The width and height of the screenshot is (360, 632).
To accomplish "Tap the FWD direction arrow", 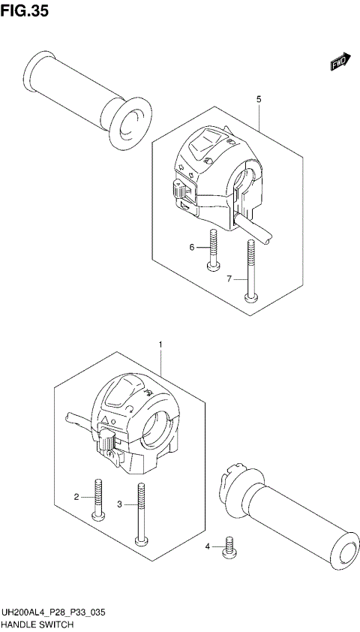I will coord(339,62).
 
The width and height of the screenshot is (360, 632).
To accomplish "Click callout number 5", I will coord(259,99).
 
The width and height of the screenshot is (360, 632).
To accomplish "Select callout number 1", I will coord(160,345).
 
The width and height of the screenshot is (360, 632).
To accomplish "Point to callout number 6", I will coord(192,247).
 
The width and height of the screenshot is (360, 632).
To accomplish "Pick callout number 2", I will coord(76,497).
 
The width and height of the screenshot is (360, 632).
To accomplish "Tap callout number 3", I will coord(120,504).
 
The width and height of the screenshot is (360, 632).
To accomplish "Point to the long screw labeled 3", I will coord(139,514).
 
